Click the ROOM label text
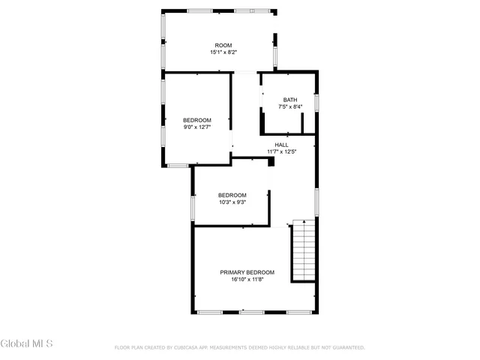pos(223,46)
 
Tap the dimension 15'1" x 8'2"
pos(223,52)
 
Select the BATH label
pos(290,100)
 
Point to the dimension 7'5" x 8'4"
pos(290,107)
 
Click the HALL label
pos(281,145)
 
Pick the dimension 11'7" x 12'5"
pos(281,151)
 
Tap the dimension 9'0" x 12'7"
pos(197,127)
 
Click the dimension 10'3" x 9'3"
pos(232,202)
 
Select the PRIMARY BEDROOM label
pos(247,272)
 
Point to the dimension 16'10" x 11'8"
pos(247,279)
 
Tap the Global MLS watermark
pos(27,344)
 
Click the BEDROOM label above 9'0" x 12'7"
pos(197,120)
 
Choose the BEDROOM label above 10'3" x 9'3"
pos(232,195)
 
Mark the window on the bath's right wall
pos(317,102)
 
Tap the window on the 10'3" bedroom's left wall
pos(193,205)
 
